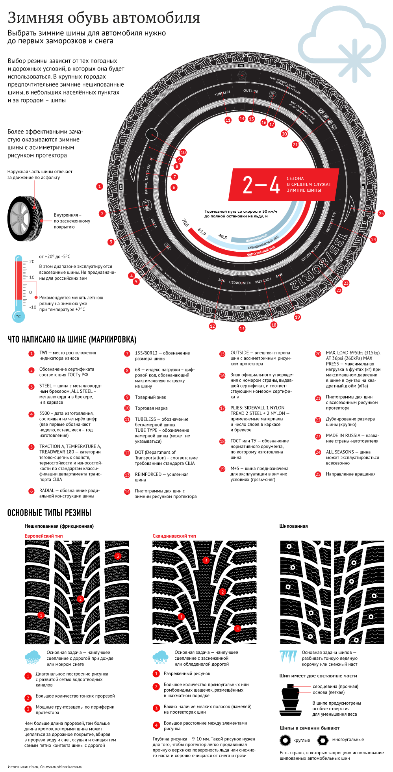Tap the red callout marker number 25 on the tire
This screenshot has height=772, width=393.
pos(381,213)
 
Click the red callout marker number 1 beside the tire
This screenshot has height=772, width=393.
pos(100,186)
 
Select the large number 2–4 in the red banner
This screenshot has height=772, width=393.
pos(261,185)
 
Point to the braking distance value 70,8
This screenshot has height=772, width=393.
pos(185,223)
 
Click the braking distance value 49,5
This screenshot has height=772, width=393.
pos(222,237)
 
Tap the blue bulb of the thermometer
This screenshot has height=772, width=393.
pos(18,316)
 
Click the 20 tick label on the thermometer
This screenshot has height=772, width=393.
pos(32,262)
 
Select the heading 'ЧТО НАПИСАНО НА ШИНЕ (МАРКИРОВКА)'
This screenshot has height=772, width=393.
pos(72,340)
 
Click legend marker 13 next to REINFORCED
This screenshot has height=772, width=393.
pos(127,475)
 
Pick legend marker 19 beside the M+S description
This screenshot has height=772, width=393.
pos(222,469)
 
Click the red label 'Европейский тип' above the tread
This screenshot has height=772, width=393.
pos(44,536)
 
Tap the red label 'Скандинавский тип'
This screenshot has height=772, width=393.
pos(174,536)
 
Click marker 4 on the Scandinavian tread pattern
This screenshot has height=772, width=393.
pos(237,629)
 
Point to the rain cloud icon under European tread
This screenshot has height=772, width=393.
pos(32,657)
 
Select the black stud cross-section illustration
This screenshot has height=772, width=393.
pos(291,700)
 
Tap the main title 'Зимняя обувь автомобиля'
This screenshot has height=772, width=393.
pos(104,18)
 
